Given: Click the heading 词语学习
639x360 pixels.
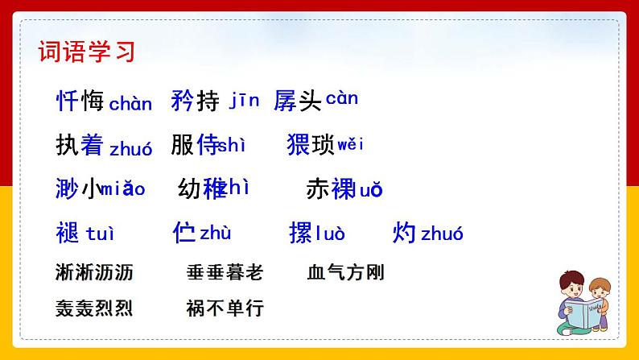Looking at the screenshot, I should (x=87, y=52).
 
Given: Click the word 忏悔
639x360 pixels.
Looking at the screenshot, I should (x=80, y=101).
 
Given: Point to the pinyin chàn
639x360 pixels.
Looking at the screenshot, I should (x=130, y=104).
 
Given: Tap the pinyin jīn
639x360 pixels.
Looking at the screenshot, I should (x=245, y=101).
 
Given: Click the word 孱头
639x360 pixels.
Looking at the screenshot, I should (x=298, y=101).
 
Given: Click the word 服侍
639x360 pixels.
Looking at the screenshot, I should (x=195, y=145).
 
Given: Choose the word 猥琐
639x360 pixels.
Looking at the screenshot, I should (x=311, y=145).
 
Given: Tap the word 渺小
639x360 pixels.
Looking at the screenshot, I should (x=80, y=188).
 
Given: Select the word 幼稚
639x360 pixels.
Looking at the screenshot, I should (x=202, y=188).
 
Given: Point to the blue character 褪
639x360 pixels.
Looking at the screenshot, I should (x=68, y=233).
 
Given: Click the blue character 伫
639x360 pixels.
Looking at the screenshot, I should (x=184, y=233).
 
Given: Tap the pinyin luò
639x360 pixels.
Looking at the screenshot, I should (x=330, y=234).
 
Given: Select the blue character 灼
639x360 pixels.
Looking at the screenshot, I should (x=404, y=233).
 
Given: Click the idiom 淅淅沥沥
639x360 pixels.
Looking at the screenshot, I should (x=95, y=272).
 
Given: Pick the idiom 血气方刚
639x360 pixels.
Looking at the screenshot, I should (x=346, y=272).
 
